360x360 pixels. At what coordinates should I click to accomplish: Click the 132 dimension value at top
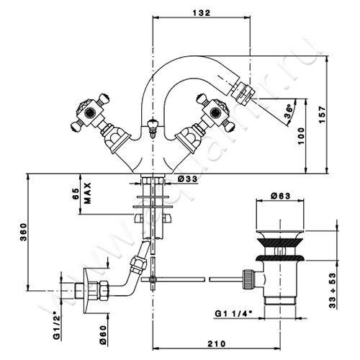pyautogui.click(x=202, y=13)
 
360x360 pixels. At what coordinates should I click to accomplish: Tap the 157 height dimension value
pyautogui.click(x=323, y=114)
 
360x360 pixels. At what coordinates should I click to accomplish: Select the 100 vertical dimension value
pyautogui.click(x=301, y=136)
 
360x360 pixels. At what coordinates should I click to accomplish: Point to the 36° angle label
pyautogui.click(x=289, y=111)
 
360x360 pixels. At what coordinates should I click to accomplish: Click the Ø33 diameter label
pyautogui.click(x=188, y=179)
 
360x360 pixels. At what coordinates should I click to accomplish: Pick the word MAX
pyautogui.click(x=88, y=193)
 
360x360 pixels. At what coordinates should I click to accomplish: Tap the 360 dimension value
pyautogui.click(x=23, y=232)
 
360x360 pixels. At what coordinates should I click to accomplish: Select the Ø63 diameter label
pyautogui.click(x=280, y=196)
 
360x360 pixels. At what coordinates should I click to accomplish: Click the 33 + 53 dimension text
pyautogui.click(x=333, y=291)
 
